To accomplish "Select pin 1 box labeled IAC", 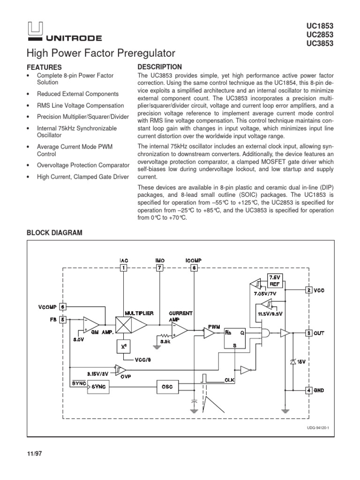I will pos(123,268).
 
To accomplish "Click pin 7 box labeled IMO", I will pos(159,268).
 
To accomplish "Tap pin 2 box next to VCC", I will pos(309,290).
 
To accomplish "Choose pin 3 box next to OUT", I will pos(309,333).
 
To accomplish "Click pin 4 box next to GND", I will pos(309,390).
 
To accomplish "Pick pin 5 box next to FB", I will pos(63,320).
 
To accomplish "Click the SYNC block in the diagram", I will pos(98,387).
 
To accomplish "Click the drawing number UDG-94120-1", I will pos(318,427).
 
